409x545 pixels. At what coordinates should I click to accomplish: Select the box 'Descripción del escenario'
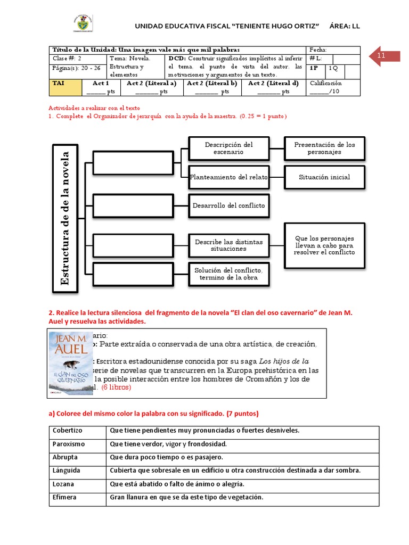[228, 148]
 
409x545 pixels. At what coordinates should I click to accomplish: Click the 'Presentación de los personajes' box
[324, 148]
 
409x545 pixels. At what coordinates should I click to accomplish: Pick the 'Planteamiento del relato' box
[228, 177]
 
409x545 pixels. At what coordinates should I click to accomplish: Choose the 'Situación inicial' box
[324, 177]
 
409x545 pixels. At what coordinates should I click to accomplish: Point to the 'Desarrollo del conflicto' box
[228, 205]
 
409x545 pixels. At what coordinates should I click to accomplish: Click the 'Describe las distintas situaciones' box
[228, 245]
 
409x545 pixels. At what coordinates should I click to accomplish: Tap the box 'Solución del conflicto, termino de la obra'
[228, 274]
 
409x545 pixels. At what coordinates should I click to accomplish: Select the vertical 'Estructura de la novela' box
[65, 218]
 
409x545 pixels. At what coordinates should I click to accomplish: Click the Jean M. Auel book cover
[71, 363]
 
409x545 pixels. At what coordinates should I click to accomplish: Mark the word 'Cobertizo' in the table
[65, 430]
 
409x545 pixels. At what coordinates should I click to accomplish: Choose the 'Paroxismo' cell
[69, 444]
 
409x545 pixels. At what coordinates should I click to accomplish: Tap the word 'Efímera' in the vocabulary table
[64, 497]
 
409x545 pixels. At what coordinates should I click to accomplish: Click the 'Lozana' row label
[63, 484]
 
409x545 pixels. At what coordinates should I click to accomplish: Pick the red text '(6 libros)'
[116, 387]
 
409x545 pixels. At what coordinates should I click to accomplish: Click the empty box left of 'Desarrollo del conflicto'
[133, 205]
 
